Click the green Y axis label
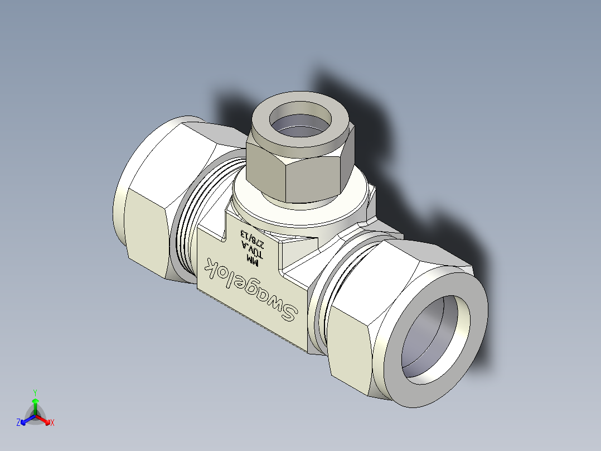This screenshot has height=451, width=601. click(35, 392)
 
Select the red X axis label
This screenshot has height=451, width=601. click(52, 423)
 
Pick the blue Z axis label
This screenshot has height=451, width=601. click(18, 423)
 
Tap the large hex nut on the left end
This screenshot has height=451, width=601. click(148, 223)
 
